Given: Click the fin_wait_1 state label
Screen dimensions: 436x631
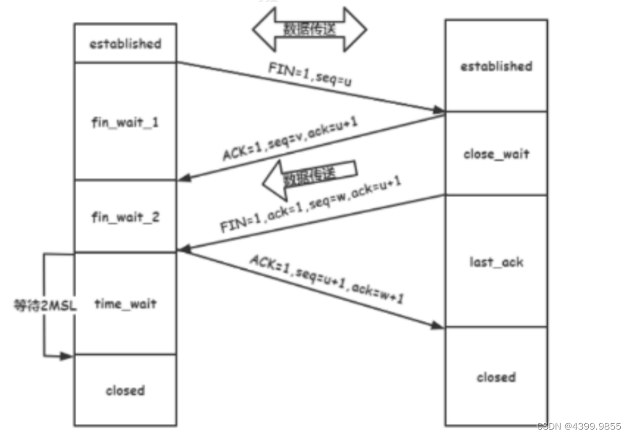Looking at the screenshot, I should (x=125, y=122).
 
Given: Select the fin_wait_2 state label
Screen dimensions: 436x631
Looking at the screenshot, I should (x=125, y=217).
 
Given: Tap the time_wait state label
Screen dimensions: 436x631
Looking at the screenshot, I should (x=125, y=303).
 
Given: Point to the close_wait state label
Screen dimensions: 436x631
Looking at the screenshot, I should (x=496, y=154).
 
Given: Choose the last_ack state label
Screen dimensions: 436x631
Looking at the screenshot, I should (x=496, y=262).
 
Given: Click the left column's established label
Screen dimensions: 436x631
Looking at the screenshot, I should (x=125, y=44).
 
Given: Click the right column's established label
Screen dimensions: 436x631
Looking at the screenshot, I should (x=496, y=66).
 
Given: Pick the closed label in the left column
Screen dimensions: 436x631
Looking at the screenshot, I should (x=125, y=390).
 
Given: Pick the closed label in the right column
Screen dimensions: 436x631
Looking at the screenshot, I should (x=496, y=377).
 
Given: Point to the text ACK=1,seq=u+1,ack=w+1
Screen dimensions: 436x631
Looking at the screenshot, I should (x=326, y=279).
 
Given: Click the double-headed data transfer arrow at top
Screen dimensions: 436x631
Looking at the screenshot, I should (x=310, y=29).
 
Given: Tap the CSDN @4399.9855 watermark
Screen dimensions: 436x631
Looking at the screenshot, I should (x=579, y=426).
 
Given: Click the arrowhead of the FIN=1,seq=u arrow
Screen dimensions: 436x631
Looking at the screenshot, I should (x=438, y=111).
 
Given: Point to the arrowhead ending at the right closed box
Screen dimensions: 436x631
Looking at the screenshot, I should (x=438, y=326).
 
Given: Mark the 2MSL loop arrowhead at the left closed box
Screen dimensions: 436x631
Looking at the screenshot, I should (x=68, y=355).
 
